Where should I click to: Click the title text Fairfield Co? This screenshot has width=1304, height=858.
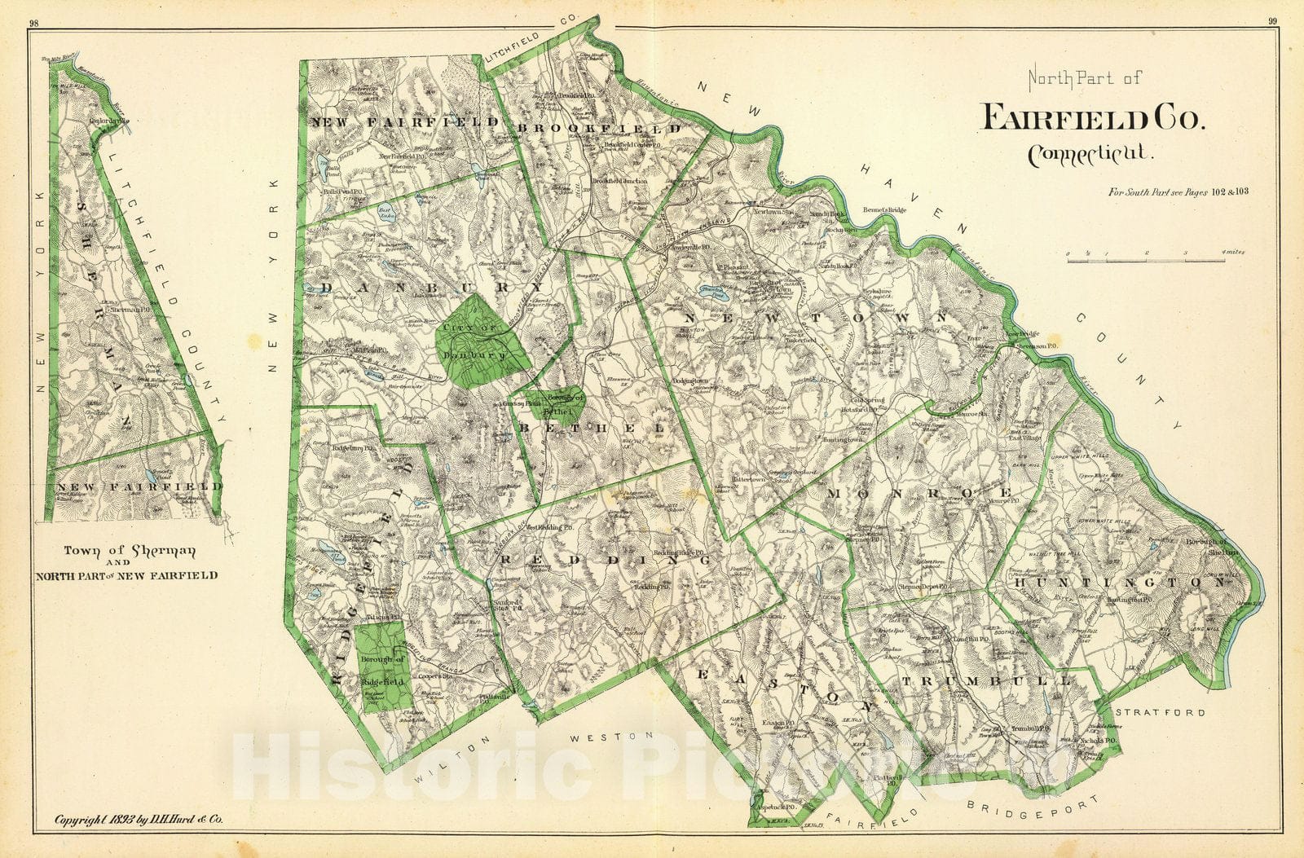point(1092,118)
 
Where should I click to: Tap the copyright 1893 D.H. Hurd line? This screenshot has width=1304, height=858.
point(137,820)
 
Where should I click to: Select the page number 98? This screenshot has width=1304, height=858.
point(33,24)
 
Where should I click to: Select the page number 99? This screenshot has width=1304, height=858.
point(1272,24)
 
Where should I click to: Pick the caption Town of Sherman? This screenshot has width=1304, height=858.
point(130,551)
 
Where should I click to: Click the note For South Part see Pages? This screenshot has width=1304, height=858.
point(1178,192)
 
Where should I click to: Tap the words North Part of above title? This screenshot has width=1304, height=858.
point(1084,78)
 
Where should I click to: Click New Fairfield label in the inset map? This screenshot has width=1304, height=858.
point(139,486)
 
